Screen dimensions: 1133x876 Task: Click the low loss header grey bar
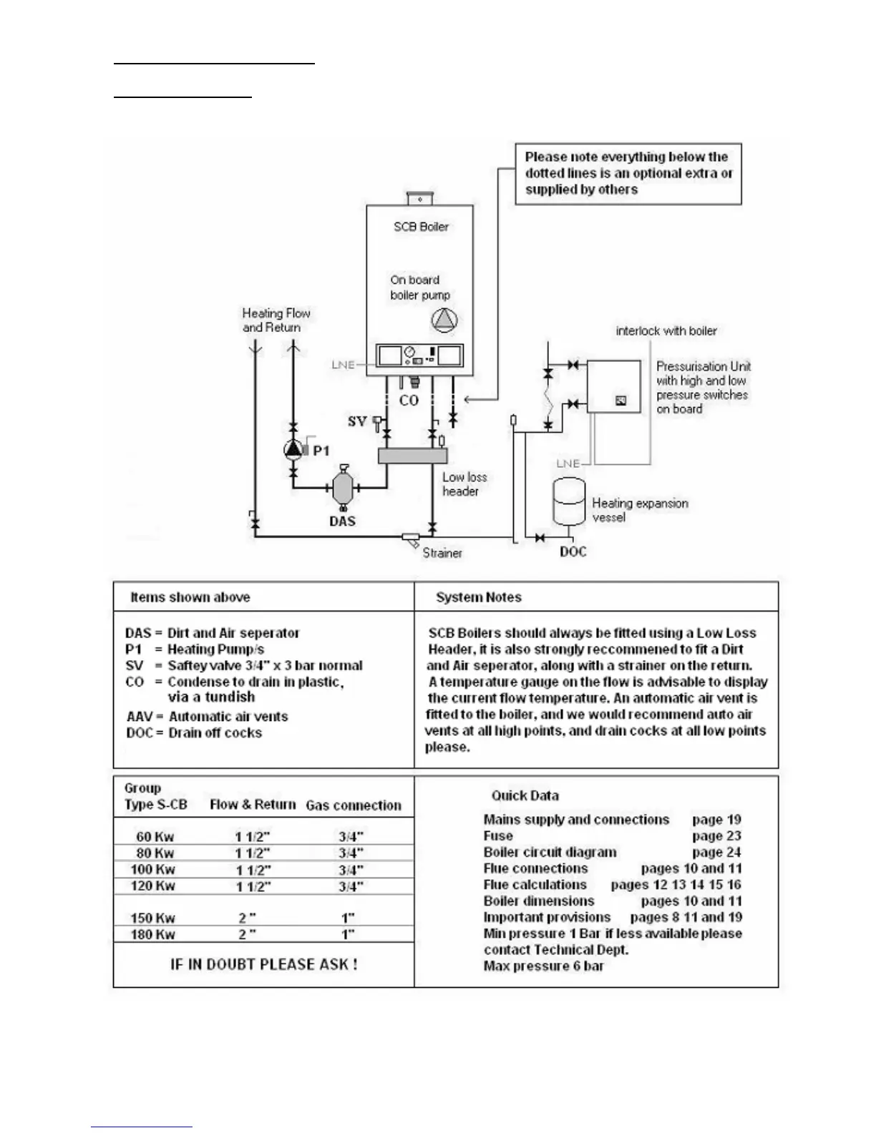pyautogui.click(x=412, y=456)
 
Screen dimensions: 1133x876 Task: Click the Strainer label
pyautogui.click(x=442, y=553)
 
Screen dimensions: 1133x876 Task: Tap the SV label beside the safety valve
pyautogui.click(x=356, y=421)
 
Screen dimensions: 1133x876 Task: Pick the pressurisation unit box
pyautogui.click(x=613, y=386)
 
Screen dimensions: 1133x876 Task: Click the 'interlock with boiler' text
pyautogui.click(x=666, y=330)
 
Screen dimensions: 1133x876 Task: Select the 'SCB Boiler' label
pyautogui.click(x=421, y=227)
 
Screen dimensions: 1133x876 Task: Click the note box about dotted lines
pyautogui.click(x=628, y=173)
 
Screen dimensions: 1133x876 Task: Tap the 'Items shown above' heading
pyautogui.click(x=190, y=597)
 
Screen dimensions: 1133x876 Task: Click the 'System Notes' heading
pyautogui.click(x=478, y=597)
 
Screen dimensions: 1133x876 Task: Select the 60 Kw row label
pyautogui.click(x=155, y=836)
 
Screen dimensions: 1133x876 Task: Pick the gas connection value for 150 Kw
pyautogui.click(x=348, y=918)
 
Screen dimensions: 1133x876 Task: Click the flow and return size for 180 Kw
pyautogui.click(x=248, y=934)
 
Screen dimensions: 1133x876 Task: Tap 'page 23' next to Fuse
pyautogui.click(x=716, y=836)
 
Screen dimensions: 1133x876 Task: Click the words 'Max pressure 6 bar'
pyautogui.click(x=543, y=966)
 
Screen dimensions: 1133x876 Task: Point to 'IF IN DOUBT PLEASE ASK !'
pyautogui.click(x=263, y=964)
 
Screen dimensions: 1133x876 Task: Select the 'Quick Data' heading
pyautogui.click(x=525, y=795)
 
